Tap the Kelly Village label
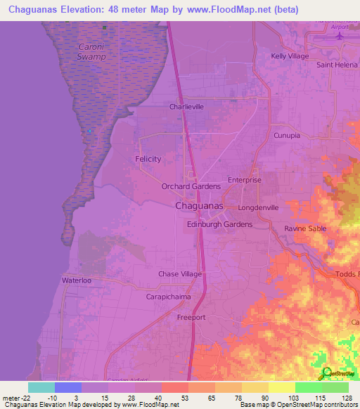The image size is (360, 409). coord(291,56)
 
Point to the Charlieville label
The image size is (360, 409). coord(186,108)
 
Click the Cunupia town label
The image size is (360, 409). coord(287,134)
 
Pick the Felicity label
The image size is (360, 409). coord(148,159)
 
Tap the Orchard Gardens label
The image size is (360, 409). coord(191,186)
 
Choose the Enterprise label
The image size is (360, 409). coord(244,180)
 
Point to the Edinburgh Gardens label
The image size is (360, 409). coord(219,224)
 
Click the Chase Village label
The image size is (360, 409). coord(180,273)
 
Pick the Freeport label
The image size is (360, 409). coord(191,318)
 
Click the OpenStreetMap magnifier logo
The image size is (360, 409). coord(327,373)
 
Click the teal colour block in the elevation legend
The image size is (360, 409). coord(41,387)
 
